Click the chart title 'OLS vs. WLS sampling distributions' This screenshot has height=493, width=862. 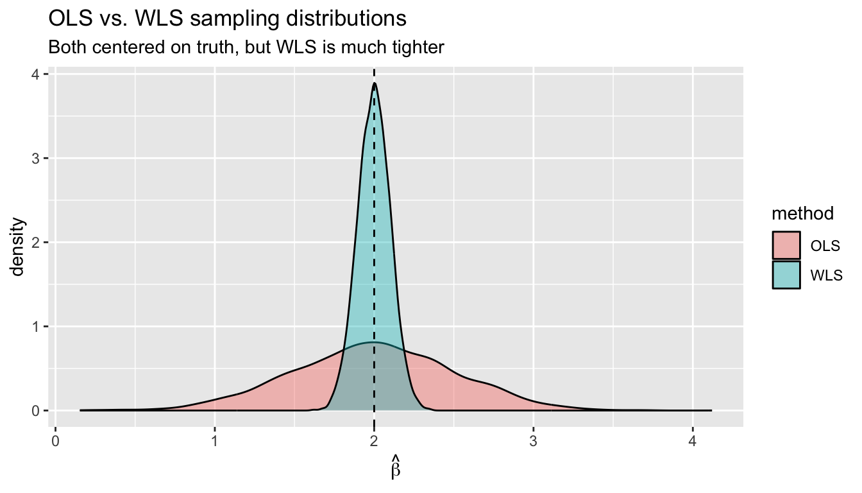click(x=228, y=19)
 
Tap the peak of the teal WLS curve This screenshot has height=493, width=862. click(x=374, y=83)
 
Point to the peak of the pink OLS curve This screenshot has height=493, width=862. click(x=374, y=343)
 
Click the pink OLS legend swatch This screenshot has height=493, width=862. click(x=786, y=245)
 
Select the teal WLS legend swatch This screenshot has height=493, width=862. click(x=786, y=275)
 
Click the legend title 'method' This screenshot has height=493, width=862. click(x=802, y=213)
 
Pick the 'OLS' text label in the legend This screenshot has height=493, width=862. click(x=825, y=246)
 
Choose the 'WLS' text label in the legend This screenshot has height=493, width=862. click(x=826, y=275)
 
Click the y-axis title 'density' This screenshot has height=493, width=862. click(x=19, y=247)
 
